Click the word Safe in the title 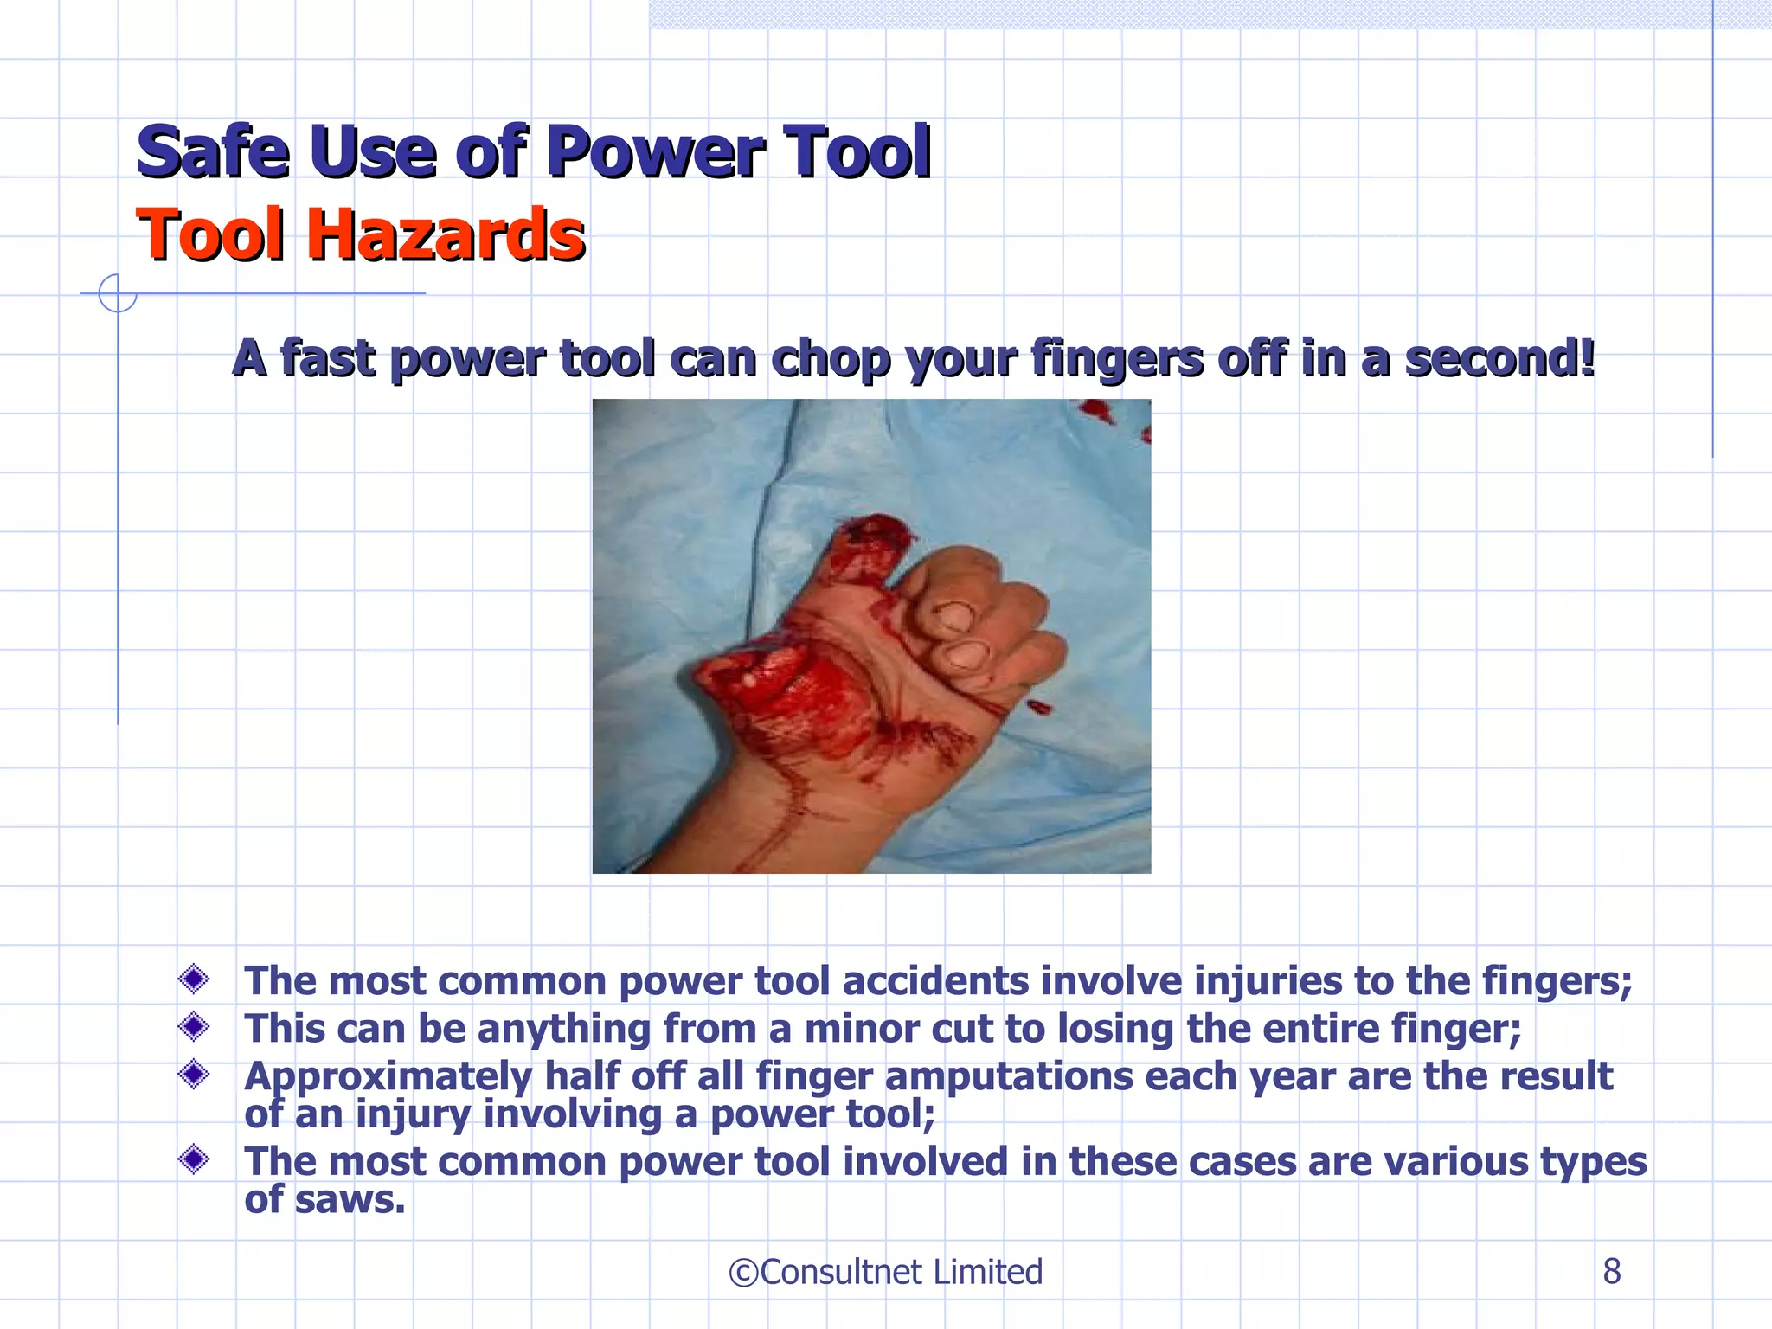coord(213,152)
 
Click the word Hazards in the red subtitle coord(446,235)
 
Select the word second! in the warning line coord(1499,358)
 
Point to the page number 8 coord(1611,1271)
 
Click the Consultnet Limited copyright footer coord(885,1272)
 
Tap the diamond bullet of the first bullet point coord(194,979)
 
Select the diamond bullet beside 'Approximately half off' coord(194,1075)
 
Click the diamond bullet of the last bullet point coord(194,1159)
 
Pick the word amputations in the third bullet coord(1008,1076)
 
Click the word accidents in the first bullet coord(935,981)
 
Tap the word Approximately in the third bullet coord(388,1076)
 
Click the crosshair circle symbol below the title coord(118,293)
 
